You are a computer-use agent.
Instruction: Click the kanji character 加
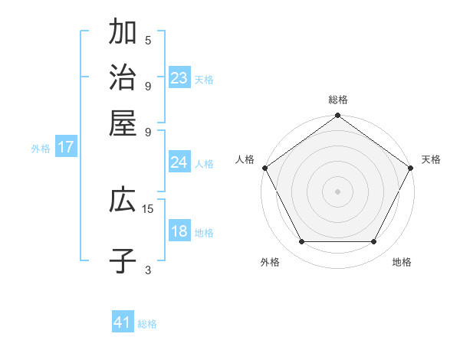coord(123,33)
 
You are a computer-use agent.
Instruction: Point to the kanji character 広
coord(123,201)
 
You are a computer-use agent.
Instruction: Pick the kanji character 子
coord(123,260)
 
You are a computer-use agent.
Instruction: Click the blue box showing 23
coord(179,78)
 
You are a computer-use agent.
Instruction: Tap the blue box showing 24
coord(179,162)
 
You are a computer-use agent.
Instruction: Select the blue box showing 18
coord(179,231)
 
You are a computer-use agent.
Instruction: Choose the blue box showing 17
coord(66,147)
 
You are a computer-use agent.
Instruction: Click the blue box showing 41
coord(123,322)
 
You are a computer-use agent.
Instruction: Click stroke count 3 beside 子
coord(148,269)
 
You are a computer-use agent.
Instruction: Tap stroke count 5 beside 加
coord(148,41)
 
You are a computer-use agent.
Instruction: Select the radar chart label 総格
coord(337,100)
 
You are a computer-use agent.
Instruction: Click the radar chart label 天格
coord(431,159)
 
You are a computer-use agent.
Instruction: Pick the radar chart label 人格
coord(245,159)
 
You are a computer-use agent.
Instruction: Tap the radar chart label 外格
coord(270,262)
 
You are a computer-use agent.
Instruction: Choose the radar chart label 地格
coord(402,262)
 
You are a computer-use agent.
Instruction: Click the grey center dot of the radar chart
coord(337,191)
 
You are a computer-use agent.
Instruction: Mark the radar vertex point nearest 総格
coord(337,116)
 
